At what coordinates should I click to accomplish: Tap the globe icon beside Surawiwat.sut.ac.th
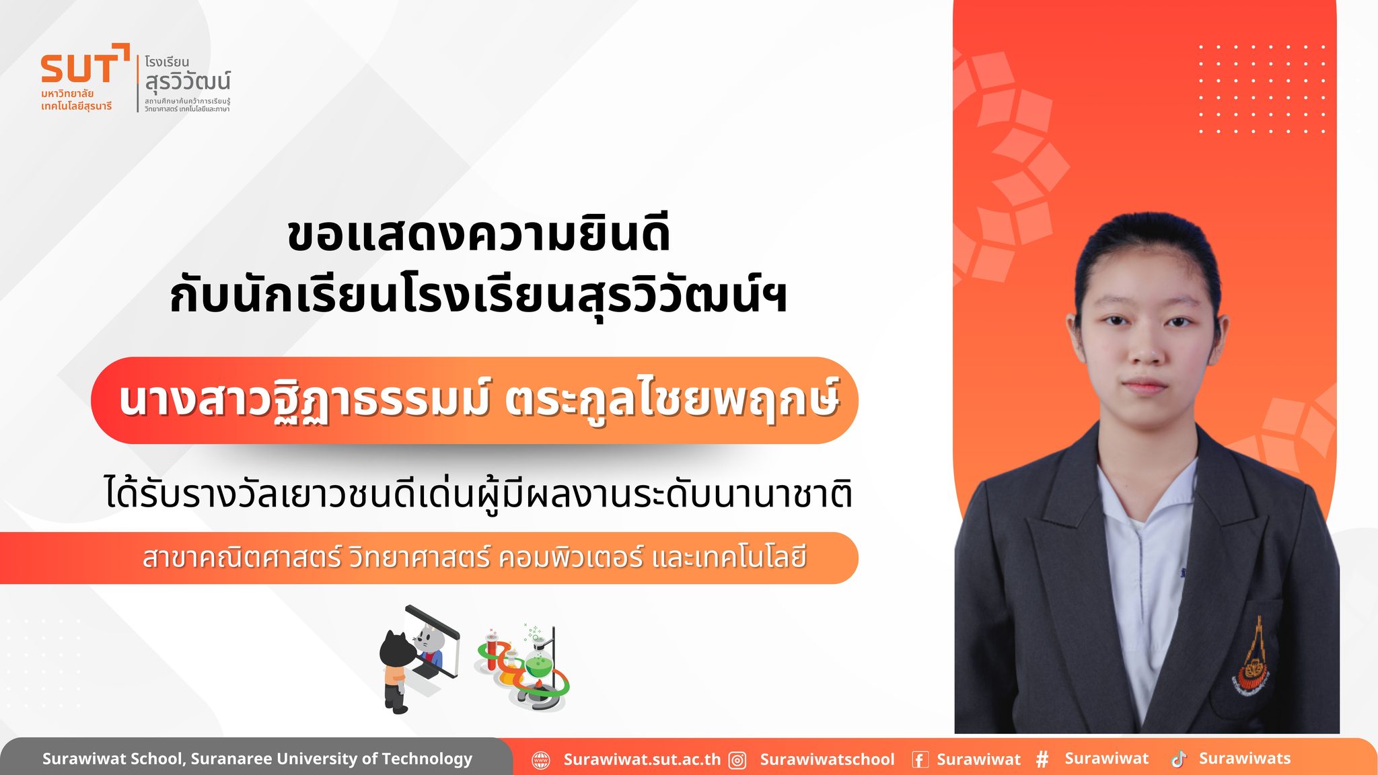(541, 760)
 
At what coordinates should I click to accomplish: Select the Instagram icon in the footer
(738, 760)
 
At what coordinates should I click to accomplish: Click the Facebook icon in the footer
(920, 760)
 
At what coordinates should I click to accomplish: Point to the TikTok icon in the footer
(1179, 759)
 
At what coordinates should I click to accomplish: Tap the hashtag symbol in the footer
(1042, 760)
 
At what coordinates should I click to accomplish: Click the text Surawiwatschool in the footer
(827, 760)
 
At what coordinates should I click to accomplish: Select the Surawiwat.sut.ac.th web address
(642, 760)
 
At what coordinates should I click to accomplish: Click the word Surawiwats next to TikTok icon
(1245, 758)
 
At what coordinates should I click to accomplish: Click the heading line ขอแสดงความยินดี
(478, 235)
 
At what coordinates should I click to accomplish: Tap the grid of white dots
(1262, 89)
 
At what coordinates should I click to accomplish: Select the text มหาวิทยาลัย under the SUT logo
(67, 94)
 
